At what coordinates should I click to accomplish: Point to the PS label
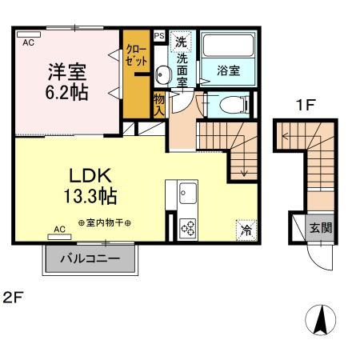pos(158,36)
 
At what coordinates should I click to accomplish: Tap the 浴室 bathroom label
pos(229,70)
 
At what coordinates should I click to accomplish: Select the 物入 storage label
pos(158,104)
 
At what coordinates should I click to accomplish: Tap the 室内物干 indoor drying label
pos(105,222)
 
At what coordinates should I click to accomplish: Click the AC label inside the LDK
pos(60,230)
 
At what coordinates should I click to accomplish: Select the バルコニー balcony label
pos(91,260)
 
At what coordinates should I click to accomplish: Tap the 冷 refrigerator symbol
pos(246,230)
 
